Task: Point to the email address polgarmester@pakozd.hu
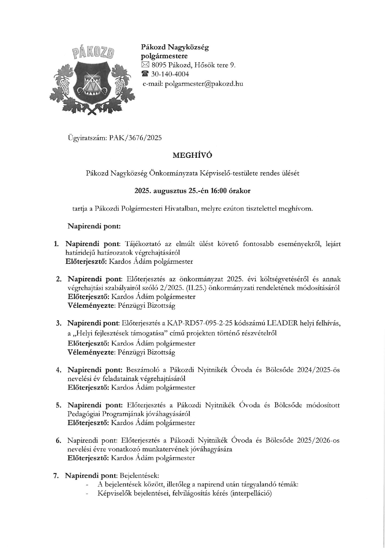pos(204,84)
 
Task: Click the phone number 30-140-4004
pos(170,74)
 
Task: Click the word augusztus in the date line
pos(170,191)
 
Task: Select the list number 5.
pos(59,405)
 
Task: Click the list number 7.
pos(56,476)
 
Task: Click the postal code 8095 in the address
pos(159,65)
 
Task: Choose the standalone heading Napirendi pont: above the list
pos(94,226)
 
